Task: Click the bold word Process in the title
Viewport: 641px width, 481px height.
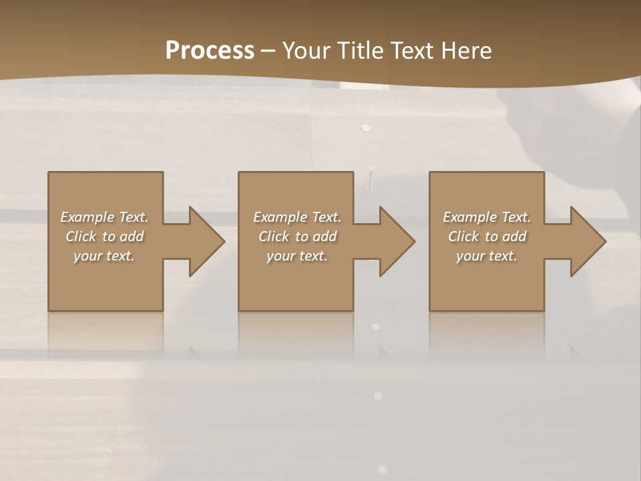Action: pos(210,51)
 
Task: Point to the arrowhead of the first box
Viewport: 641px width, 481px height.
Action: pos(206,241)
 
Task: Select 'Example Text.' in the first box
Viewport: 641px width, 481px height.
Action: pos(104,217)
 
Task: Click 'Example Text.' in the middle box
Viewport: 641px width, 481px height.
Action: pos(297,217)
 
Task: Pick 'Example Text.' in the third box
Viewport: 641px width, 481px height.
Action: pos(487,217)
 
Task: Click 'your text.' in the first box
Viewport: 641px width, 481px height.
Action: pos(104,256)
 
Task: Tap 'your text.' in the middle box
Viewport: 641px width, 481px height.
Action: pos(297,256)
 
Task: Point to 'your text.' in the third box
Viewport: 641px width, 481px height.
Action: pos(487,256)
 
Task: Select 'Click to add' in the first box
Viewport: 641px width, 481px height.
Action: pos(104,236)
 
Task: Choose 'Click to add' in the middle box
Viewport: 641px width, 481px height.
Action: pos(297,236)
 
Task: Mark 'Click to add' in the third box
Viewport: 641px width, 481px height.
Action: pos(487,236)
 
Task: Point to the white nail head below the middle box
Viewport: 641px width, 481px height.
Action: pos(375,327)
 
